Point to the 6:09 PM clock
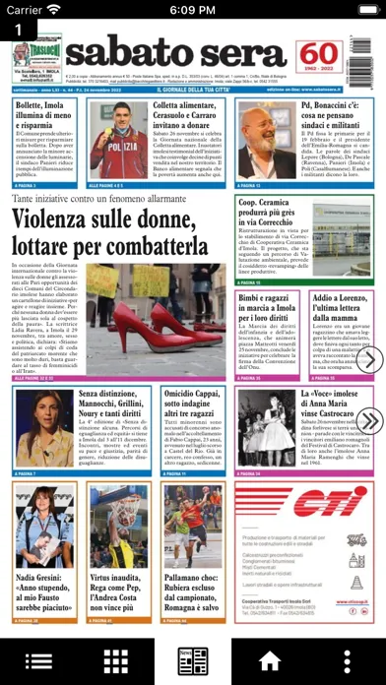coord(192,10)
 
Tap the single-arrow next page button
coord(369,360)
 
